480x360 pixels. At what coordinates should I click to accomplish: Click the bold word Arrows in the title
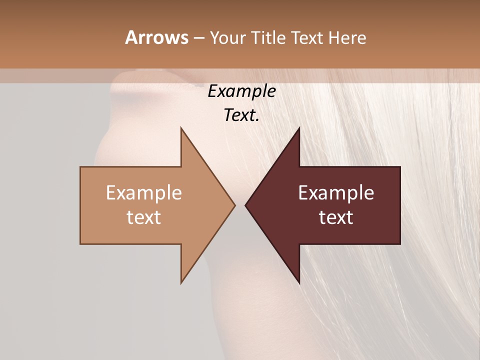156,37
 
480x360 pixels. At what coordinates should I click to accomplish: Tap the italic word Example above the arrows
241,91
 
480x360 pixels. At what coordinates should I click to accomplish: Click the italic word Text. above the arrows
241,115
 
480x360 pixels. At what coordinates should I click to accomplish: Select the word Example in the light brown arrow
143,193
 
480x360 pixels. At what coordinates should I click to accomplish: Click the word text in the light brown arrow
143,217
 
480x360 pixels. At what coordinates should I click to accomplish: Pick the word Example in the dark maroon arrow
336,193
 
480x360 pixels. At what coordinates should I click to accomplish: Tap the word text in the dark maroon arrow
336,217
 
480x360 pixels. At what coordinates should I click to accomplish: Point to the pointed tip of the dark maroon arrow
245,205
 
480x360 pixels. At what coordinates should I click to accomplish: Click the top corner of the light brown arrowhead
181,128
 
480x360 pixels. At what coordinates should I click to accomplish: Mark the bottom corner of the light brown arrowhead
181,282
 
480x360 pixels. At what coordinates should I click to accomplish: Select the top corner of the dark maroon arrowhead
299,128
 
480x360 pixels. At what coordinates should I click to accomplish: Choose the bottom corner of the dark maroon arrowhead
299,282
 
